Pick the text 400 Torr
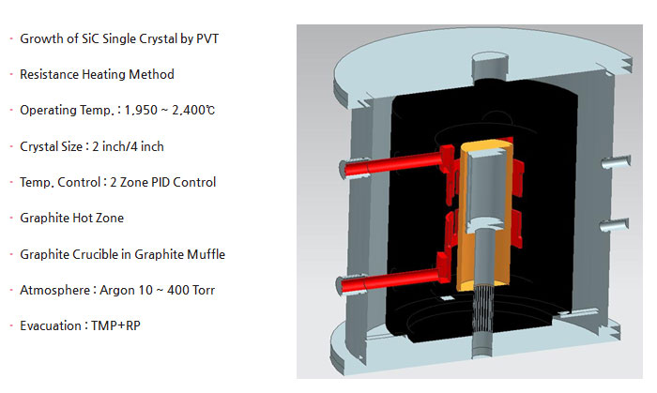191,291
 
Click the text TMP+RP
115,326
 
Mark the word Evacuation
51,326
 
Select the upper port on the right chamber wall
616,161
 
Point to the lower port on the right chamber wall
614,225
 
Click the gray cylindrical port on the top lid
489,66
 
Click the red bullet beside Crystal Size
11,146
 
